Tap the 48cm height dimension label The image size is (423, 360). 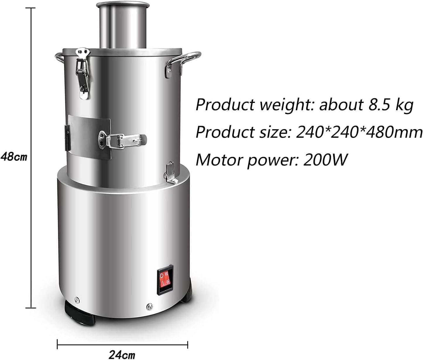point(14,157)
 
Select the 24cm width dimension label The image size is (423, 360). point(122,355)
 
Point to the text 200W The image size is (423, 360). point(325,160)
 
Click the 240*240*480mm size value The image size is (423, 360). point(359,132)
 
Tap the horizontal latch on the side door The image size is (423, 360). point(123,139)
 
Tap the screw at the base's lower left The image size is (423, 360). point(77,299)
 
